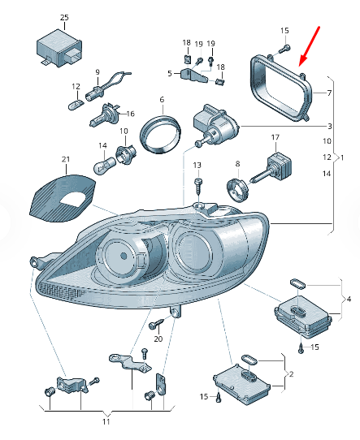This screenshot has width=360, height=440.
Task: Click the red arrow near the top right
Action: point(309,46)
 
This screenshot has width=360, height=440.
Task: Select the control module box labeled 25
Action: point(59,48)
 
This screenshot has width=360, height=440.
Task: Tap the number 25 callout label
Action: point(64,17)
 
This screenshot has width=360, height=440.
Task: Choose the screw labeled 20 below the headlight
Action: point(156,324)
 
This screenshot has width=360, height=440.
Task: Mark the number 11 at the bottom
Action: point(106,421)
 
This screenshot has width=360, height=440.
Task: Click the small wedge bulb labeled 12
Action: point(76,105)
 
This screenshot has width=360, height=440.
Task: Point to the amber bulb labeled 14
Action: point(104,165)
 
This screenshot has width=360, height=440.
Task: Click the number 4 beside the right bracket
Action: point(349,300)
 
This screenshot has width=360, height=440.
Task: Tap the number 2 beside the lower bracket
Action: point(291,374)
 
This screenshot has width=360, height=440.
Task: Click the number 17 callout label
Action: point(275,137)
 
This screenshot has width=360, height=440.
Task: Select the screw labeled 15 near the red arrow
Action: point(284,50)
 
